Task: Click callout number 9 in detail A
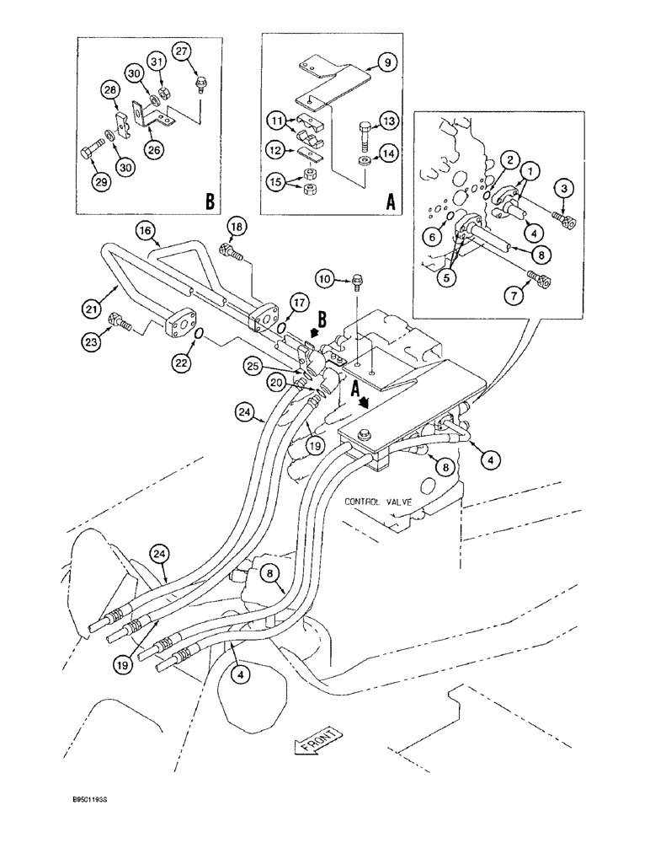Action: pos(383,62)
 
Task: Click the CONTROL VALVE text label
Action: pos(377,501)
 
